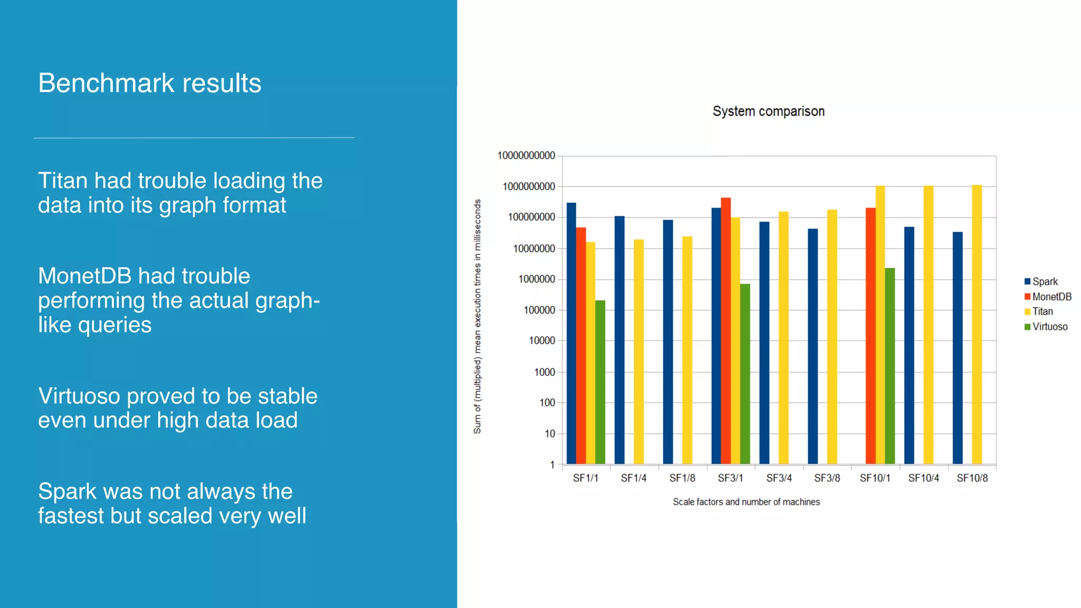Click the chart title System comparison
tap(768, 111)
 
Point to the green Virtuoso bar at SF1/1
tap(600, 382)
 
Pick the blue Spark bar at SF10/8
tap(957, 348)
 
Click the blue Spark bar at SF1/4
tap(619, 340)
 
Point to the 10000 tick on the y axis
tap(542, 341)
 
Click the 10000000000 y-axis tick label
tap(526, 156)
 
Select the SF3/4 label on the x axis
tap(779, 478)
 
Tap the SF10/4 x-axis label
tap(923, 478)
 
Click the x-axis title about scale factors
tap(746, 502)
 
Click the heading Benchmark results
tap(149, 83)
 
